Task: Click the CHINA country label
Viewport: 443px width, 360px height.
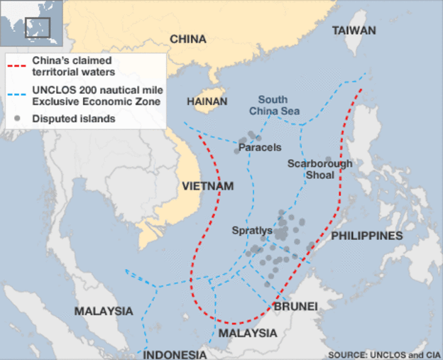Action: point(188,39)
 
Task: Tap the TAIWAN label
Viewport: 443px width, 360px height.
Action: point(354,31)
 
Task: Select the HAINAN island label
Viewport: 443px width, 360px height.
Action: point(207,102)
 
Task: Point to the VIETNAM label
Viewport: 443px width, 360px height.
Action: point(208,186)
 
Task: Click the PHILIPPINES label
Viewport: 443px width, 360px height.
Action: point(367,235)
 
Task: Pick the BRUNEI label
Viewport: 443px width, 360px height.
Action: point(295,306)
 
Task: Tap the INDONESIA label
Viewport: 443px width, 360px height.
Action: point(175,354)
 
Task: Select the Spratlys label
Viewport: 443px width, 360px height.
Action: point(252,231)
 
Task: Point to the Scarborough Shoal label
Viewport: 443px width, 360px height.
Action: point(320,169)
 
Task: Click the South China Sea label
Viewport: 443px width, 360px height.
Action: point(274,106)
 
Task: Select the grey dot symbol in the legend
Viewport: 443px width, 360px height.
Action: point(18,119)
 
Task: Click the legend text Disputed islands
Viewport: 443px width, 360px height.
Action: point(74,119)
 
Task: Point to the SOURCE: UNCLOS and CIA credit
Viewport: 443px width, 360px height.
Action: point(382,353)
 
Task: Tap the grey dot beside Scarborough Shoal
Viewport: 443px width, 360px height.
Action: point(328,160)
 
